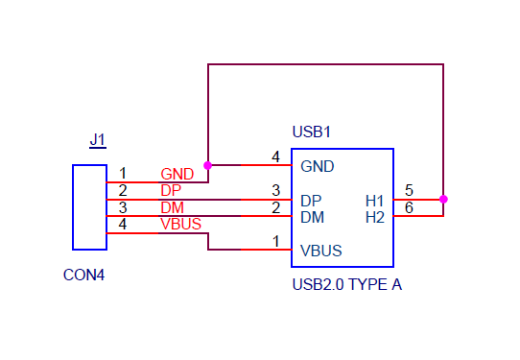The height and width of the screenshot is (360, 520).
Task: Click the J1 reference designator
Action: tap(98, 140)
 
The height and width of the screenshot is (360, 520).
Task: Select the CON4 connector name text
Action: tap(83, 275)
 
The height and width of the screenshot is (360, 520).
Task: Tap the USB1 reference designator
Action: tap(311, 131)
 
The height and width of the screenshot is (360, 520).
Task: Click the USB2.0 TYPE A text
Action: tap(346, 284)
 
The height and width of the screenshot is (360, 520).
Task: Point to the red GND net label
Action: tap(177, 174)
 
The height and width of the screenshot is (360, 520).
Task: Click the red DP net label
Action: tap(171, 190)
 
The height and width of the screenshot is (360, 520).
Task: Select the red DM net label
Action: tap(172, 207)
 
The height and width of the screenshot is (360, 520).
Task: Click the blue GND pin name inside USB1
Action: tap(318, 166)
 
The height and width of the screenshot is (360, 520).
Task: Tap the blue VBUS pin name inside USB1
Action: tap(321, 252)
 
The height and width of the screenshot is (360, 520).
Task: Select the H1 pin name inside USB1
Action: tap(375, 201)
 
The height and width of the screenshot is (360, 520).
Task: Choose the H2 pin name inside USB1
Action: tap(375, 217)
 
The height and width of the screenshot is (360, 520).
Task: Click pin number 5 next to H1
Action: tap(409, 190)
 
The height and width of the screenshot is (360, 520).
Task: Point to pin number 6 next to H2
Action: tap(409, 207)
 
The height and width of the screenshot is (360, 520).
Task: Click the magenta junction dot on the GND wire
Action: tap(208, 165)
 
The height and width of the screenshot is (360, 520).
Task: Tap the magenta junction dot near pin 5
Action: tap(443, 200)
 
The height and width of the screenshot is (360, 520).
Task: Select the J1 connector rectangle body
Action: tap(90, 206)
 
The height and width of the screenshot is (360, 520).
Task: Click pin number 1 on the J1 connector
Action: tap(122, 174)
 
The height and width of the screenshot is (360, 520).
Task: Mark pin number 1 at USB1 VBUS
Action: tap(275, 242)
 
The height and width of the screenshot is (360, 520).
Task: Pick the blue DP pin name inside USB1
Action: tap(311, 201)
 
